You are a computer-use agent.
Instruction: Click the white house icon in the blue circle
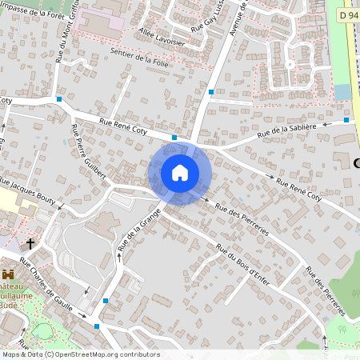click(x=180, y=173)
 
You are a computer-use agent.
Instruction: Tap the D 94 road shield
click(x=346, y=14)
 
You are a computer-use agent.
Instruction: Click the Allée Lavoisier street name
click(x=162, y=36)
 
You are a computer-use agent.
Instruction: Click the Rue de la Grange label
click(x=139, y=233)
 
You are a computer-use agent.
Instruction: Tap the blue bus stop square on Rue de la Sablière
click(x=346, y=120)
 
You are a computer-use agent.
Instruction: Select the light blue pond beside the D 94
click(x=343, y=92)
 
